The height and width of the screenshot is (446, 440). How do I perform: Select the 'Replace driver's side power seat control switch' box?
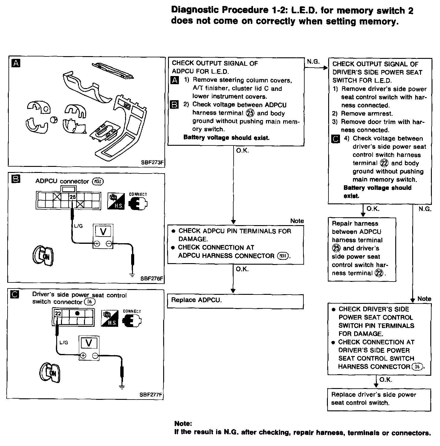[379, 399]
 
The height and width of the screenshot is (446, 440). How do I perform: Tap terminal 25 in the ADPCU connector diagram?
[73, 197]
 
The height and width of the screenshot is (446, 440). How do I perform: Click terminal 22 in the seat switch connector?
[58, 314]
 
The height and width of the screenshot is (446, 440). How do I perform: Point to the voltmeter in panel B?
[103, 236]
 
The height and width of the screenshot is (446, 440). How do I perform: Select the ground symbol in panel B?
[132, 275]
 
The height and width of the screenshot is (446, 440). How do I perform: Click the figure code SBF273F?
[152, 162]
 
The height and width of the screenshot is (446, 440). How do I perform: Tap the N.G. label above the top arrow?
[313, 62]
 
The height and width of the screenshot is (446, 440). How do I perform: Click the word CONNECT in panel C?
[132, 311]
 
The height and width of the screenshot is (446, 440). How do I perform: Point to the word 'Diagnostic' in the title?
[195, 10]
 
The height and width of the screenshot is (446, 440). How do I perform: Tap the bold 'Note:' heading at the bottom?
[183, 424]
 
